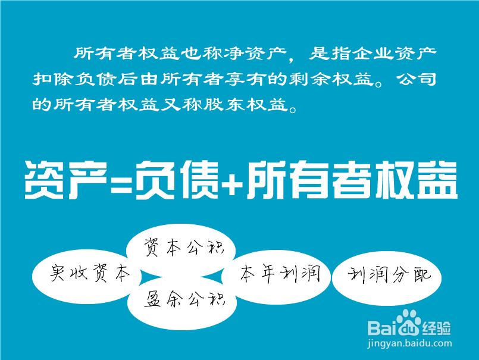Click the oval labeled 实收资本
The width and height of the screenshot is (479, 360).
86,277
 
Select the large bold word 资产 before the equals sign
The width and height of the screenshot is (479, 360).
65,180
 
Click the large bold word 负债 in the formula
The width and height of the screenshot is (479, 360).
177,180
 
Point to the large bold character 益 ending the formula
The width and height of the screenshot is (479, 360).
437,180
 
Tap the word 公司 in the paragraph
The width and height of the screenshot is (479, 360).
416,79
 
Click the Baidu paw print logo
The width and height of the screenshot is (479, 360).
408,323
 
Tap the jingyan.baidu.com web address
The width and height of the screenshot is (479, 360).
409,343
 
